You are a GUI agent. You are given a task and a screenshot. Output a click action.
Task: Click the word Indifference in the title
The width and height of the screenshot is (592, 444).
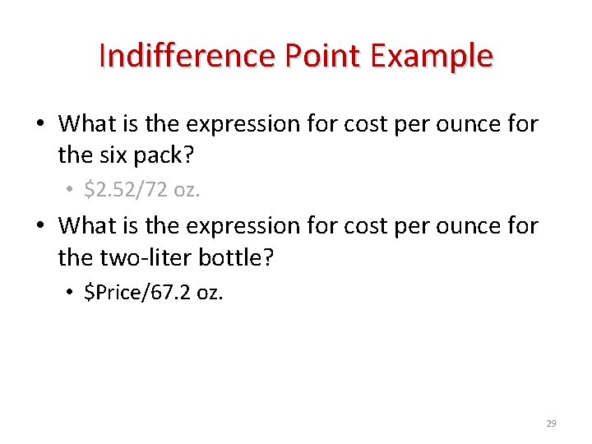[x=187, y=56]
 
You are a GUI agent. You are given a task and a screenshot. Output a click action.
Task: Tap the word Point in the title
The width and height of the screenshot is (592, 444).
[x=322, y=56]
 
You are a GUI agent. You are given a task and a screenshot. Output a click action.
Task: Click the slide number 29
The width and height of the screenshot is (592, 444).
[x=551, y=423]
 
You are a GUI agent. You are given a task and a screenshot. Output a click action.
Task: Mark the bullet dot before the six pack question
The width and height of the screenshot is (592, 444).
[x=39, y=125]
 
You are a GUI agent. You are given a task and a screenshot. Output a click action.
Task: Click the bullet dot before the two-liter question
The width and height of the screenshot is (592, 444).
[x=39, y=227]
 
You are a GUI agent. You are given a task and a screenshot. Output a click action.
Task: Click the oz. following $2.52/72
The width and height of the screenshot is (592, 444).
[x=187, y=190]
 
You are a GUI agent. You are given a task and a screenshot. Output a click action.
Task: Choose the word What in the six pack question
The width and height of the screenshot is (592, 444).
[x=88, y=124]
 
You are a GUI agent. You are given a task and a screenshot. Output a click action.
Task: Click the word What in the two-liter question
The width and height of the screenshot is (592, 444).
[x=88, y=225]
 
